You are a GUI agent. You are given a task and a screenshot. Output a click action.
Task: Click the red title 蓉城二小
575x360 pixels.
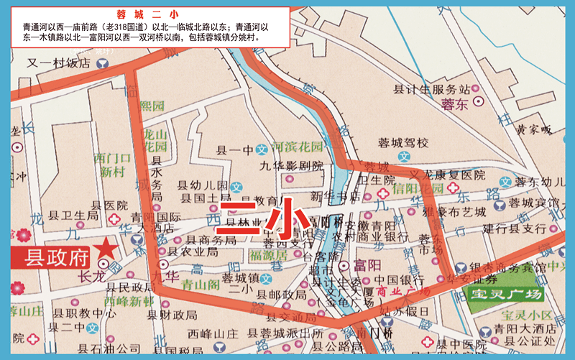point(147,14)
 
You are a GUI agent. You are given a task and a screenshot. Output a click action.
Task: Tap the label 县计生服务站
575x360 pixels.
point(431,89)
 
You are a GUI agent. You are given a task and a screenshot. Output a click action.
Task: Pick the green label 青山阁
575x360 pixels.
point(200,283)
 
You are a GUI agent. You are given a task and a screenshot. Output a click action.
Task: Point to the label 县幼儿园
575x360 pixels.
point(204,185)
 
